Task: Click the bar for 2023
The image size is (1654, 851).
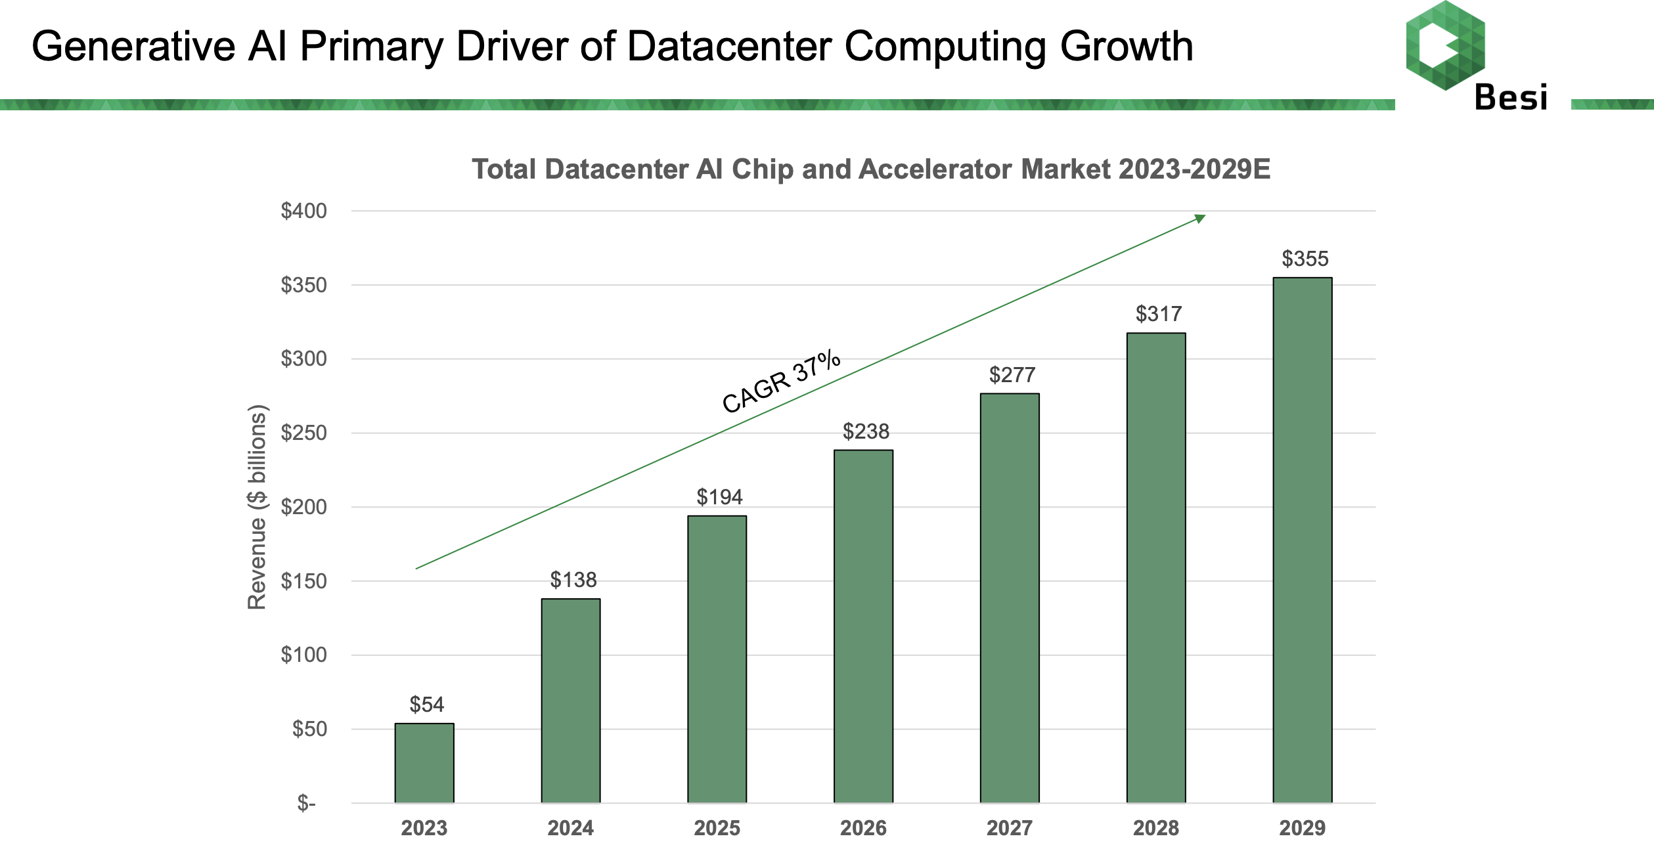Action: point(424,763)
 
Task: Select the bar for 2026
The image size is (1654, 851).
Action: point(863,626)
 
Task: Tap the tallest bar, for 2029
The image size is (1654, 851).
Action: point(1302,540)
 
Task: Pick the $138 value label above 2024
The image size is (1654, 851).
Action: point(573,580)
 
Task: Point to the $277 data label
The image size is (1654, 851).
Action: point(1012,375)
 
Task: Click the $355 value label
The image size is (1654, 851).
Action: point(1305,259)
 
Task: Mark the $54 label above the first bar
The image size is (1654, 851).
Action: point(426,705)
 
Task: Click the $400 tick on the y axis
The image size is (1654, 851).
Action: point(303,211)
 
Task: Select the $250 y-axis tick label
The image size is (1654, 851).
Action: point(303,433)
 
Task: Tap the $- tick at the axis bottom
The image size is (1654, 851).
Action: point(306,802)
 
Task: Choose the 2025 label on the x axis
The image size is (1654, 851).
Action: point(717,828)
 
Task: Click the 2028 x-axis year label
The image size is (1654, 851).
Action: point(1155,828)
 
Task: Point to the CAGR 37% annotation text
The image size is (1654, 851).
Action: point(780,382)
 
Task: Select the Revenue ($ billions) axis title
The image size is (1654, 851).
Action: point(257,507)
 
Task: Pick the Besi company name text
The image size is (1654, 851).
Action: point(1511,98)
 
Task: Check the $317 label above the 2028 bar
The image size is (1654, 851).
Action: point(1158,314)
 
